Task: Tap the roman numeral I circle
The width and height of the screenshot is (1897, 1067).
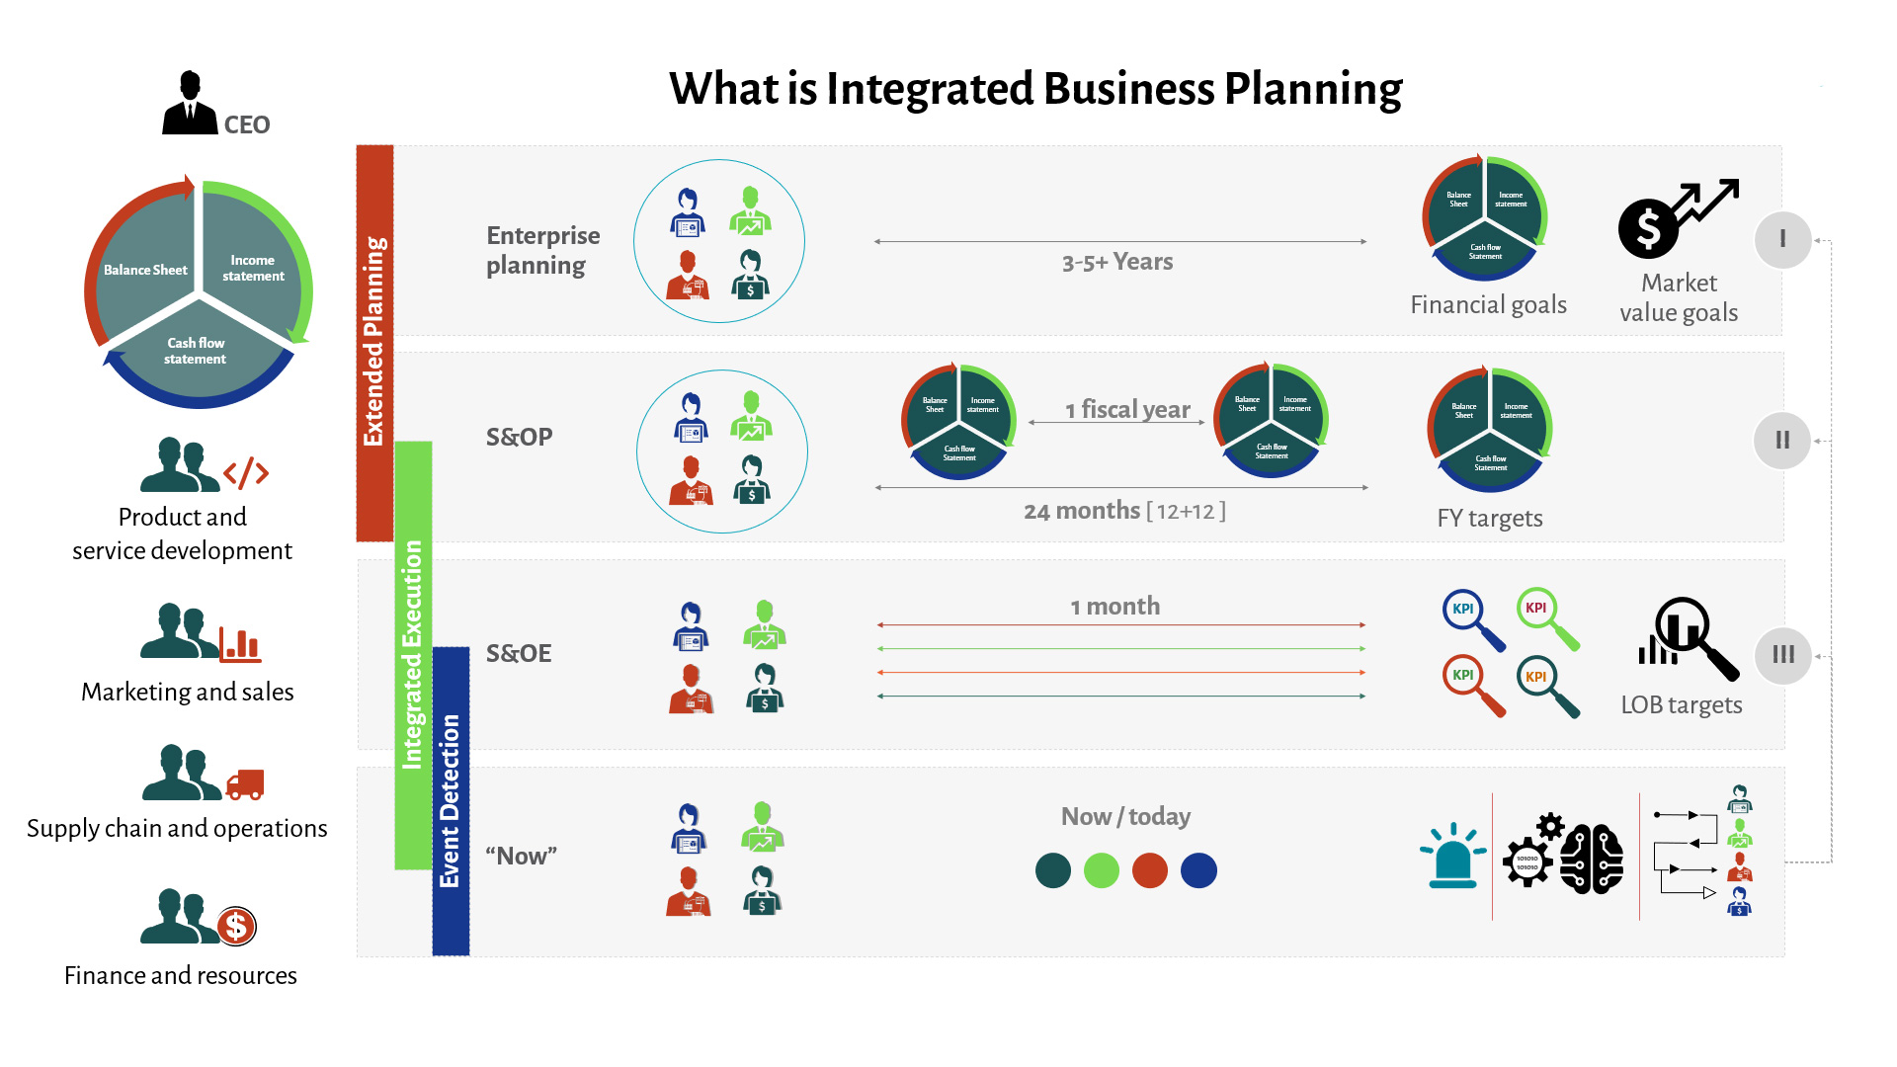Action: click(x=1782, y=239)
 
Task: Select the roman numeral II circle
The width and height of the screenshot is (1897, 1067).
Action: click(x=1782, y=441)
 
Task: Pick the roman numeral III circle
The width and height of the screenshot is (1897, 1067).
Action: click(x=1782, y=655)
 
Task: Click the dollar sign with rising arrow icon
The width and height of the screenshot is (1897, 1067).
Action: click(x=1677, y=218)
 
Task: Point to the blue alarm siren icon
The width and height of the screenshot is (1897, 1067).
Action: click(x=1452, y=856)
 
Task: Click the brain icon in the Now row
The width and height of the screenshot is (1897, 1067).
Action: click(x=1592, y=859)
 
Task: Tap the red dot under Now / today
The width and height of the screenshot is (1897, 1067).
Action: click(x=1149, y=870)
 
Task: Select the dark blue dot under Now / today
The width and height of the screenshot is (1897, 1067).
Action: click(x=1198, y=870)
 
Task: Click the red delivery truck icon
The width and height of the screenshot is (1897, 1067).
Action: click(x=245, y=784)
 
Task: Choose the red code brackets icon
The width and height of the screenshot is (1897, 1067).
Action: click(x=246, y=473)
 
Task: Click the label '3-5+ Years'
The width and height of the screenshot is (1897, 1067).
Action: click(x=1117, y=262)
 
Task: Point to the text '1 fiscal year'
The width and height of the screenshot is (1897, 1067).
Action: click(x=1127, y=409)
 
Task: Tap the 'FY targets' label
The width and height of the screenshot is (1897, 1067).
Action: click(x=1489, y=518)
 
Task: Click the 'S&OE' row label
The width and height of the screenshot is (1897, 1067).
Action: click(x=519, y=653)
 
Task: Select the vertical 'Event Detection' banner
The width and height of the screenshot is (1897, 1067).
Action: click(x=451, y=800)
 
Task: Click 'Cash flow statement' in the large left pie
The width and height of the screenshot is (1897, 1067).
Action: click(x=196, y=351)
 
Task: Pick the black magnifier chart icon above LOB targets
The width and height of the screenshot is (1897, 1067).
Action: click(x=1688, y=636)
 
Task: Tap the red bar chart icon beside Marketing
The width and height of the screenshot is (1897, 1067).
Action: click(x=240, y=644)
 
